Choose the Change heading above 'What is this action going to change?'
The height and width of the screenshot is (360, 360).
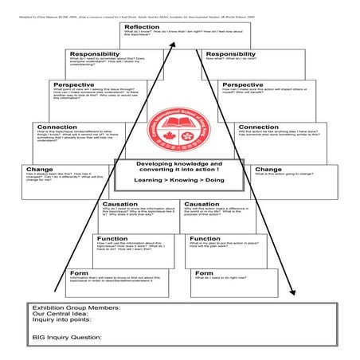(267, 169)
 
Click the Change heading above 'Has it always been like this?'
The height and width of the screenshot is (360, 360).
(39, 169)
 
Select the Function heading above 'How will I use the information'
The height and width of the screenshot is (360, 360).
(112, 238)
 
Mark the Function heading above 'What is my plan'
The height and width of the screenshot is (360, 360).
(205, 238)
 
